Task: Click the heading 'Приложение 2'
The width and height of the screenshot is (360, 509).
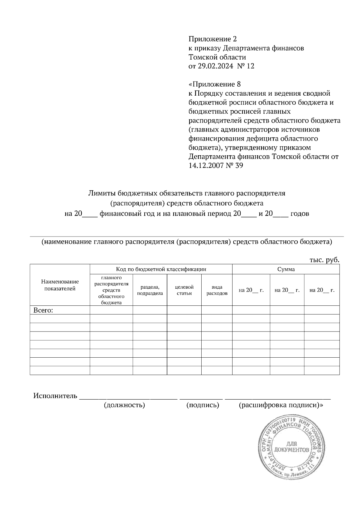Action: [x=212, y=39]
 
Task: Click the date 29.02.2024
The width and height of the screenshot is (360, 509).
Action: [x=215, y=66]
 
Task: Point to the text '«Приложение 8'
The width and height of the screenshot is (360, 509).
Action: [x=214, y=84]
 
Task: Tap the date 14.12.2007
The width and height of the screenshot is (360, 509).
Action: [x=206, y=165]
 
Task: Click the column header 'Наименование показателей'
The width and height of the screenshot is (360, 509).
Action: [x=60, y=285]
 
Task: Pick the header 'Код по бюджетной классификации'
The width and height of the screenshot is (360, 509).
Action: [x=161, y=269]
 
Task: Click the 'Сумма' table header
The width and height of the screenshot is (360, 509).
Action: [x=286, y=269]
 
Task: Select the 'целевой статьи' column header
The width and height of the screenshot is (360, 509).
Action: [x=184, y=290]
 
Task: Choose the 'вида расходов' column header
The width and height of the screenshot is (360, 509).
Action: [x=217, y=290]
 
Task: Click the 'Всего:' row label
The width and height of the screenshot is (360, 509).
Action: [x=43, y=311]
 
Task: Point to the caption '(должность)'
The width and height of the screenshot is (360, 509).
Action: [x=124, y=405]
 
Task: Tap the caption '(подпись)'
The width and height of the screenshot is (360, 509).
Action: [x=202, y=405]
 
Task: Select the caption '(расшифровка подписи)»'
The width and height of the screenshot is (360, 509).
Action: [x=281, y=405]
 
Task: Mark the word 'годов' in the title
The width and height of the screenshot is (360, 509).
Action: [x=300, y=214]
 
